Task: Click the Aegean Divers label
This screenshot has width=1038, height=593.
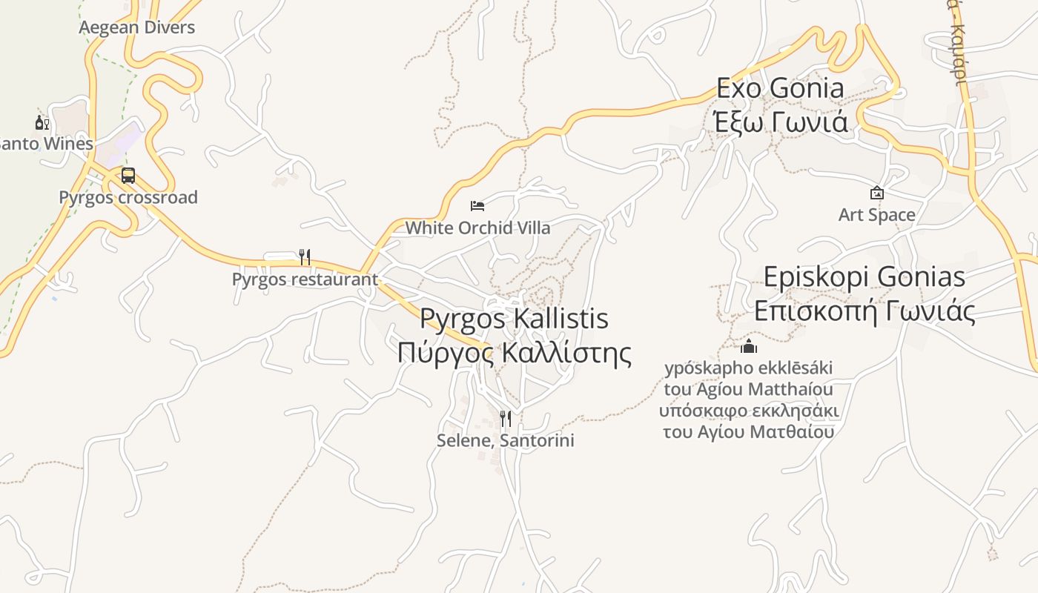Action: [x=136, y=27]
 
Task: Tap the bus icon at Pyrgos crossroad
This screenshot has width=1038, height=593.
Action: [x=128, y=176]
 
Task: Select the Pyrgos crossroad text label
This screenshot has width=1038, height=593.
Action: [x=128, y=197]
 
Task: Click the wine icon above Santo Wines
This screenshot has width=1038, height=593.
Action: [x=42, y=122]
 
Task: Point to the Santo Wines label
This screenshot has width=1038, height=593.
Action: [x=46, y=143]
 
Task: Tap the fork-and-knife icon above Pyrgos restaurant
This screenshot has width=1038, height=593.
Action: [x=304, y=257]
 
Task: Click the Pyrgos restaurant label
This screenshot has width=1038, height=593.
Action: [x=305, y=279]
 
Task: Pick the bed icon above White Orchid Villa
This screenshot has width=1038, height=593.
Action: [x=477, y=205]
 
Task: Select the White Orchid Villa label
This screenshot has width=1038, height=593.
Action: [x=477, y=228]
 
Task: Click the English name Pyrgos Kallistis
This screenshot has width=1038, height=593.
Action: [x=514, y=319]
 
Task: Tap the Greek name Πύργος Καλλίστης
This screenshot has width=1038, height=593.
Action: [x=514, y=353]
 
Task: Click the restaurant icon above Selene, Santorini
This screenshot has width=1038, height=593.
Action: [x=506, y=420]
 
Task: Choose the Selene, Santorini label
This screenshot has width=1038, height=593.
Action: [x=506, y=440]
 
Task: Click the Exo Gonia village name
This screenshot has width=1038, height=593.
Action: [x=780, y=88]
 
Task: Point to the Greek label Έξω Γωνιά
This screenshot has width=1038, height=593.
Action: [x=781, y=121]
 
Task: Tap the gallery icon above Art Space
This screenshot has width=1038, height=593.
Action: [x=877, y=193]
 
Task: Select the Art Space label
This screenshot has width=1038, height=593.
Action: [x=877, y=215]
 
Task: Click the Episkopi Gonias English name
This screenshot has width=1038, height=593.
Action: [x=865, y=276]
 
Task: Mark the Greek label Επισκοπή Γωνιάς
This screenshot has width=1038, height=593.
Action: [x=865, y=311]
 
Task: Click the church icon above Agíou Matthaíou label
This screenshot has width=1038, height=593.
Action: [x=749, y=346]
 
